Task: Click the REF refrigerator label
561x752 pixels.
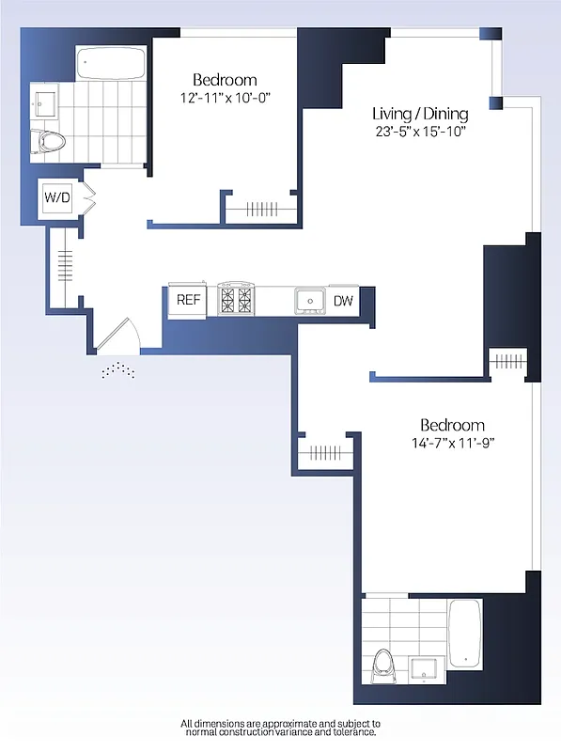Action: pos(187,301)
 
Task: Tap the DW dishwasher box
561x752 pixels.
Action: pos(343,301)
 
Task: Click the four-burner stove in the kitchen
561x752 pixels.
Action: pos(235,299)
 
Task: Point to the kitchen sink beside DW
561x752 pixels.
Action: pos(309,300)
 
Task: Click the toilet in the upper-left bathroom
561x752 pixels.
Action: pos(50,142)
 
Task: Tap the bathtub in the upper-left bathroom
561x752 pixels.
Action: pos(111,64)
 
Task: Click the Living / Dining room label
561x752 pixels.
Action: pos(419,114)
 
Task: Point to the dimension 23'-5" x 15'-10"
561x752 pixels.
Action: pos(419,132)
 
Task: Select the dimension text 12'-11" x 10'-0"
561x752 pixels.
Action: pos(225,98)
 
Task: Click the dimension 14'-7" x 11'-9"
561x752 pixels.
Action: pos(452,443)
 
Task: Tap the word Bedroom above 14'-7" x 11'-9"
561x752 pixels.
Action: pos(452,425)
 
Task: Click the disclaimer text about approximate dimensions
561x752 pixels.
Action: pos(280,728)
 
